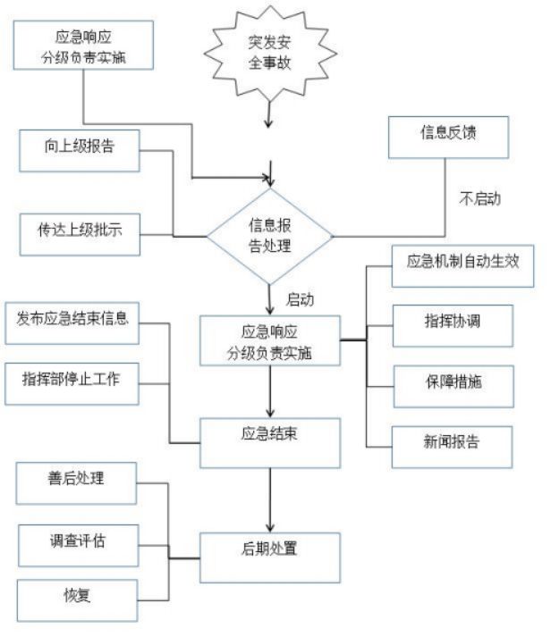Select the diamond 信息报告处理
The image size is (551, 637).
tap(269, 236)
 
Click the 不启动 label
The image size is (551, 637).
tap(479, 199)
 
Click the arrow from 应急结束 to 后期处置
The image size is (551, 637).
tap(269, 500)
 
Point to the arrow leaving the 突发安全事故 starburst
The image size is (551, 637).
tap(269, 112)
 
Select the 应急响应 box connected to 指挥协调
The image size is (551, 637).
tap(269, 340)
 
